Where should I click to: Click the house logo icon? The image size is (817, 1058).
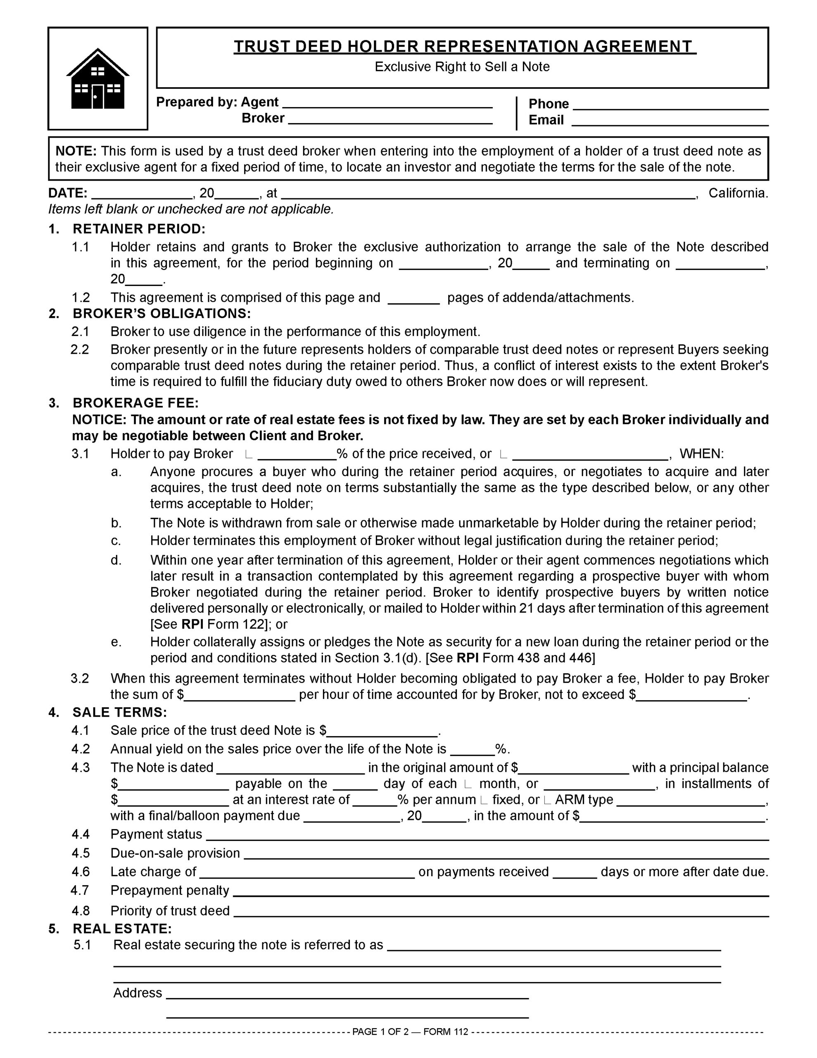(98, 79)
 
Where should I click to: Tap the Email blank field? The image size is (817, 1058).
(670, 121)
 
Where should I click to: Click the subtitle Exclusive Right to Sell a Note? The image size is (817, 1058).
(462, 67)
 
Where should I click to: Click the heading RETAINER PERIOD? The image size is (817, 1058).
(139, 229)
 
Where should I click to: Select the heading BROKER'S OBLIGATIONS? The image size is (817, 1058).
(162, 313)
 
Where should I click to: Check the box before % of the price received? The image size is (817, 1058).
(248, 454)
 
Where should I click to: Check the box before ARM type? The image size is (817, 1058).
(547, 800)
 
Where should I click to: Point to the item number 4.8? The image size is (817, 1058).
(81, 911)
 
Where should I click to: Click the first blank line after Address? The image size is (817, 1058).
(347, 994)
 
